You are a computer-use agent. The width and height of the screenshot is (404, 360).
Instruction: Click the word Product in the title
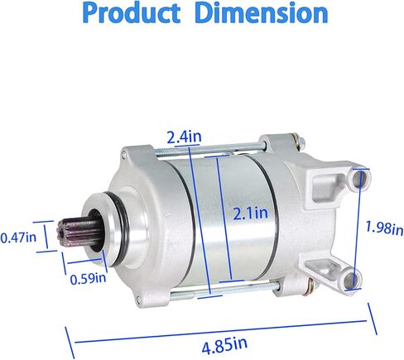pos(132,13)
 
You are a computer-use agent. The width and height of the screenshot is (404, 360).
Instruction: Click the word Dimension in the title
pos(262,13)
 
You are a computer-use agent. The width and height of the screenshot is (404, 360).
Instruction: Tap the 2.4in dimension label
pos(184,137)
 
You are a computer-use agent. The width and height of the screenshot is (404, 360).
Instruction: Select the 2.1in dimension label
pos(250,214)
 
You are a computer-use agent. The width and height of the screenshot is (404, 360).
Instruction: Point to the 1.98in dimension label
pos(384,228)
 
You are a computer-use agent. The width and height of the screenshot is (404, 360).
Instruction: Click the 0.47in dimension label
pos(18,238)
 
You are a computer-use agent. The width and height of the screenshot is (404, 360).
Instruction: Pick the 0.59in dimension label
pos(88,278)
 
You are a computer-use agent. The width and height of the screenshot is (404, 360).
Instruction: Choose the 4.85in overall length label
pos(224,344)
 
